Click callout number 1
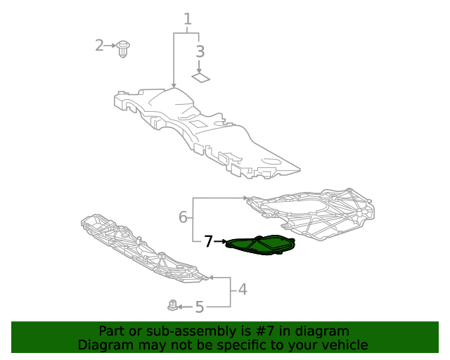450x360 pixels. click(x=188, y=19)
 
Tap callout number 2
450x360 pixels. click(x=100, y=46)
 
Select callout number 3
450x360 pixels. click(x=200, y=51)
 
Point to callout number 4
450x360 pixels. click(x=242, y=288)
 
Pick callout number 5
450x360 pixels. click(x=199, y=307)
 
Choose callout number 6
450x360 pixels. click(x=183, y=217)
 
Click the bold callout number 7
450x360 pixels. click(x=208, y=242)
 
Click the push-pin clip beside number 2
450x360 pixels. click(x=125, y=49)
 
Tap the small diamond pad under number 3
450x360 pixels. click(x=201, y=77)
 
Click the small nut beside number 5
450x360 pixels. click(x=172, y=306)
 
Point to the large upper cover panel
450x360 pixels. click(x=204, y=130)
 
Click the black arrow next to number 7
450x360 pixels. click(x=219, y=242)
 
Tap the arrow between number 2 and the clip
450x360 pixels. click(x=112, y=46)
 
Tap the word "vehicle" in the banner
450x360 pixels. click(x=344, y=345)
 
